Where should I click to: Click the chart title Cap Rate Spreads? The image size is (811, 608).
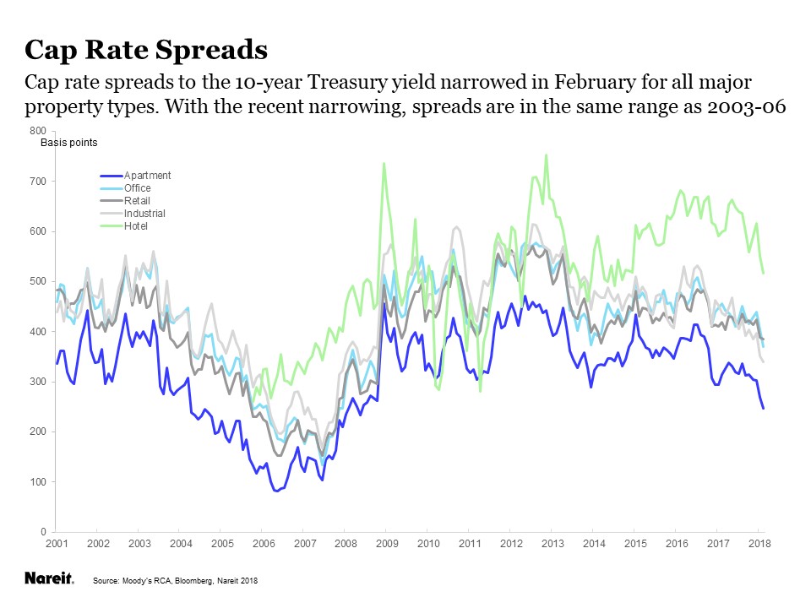pos(146,50)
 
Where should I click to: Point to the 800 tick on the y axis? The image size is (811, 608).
pos(37,131)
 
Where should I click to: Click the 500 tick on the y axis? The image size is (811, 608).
pos(37,281)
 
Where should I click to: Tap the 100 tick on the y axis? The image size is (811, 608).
pos(37,482)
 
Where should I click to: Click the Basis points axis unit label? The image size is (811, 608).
pos(69,143)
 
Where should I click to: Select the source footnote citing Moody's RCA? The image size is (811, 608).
pos(174,581)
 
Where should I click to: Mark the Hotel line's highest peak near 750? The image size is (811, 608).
pos(546,155)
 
